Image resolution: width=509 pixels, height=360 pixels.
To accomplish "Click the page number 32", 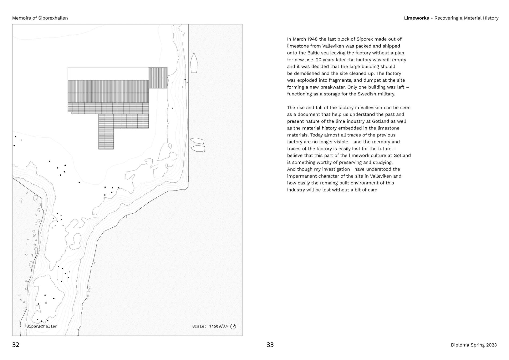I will point(16,345).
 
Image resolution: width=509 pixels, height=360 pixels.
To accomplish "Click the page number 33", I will point(270,345).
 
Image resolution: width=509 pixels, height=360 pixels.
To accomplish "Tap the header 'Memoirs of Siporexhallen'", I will point(40,18).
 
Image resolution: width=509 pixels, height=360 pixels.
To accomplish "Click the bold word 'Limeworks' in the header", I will point(416,18).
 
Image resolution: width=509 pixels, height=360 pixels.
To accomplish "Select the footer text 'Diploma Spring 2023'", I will point(474,345).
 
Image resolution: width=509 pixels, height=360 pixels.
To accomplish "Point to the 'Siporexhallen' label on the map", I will point(42,326).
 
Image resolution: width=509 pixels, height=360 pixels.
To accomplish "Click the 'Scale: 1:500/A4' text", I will point(210,326).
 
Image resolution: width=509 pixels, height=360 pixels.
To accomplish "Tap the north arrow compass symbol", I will point(233,326).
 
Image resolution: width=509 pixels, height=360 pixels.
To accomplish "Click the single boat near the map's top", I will point(194,63).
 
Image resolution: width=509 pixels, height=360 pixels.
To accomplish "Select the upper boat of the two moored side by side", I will point(197,141).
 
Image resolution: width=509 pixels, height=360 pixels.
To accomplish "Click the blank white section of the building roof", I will point(108,74).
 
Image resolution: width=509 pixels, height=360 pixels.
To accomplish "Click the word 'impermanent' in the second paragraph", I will point(300,176).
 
